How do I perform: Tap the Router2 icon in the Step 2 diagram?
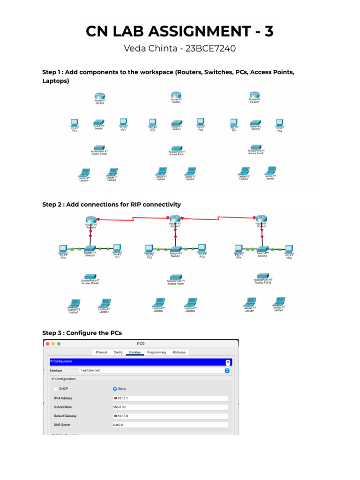pos(261,219)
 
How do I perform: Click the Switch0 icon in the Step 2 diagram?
pos(90,248)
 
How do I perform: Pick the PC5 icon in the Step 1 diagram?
pos(280,123)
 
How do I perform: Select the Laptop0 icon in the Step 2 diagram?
pos(74,304)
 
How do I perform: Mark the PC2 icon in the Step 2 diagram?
pos(149,248)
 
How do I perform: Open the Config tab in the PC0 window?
pos(118,352)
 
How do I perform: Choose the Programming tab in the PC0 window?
pos(156,352)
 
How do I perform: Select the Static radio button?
pos(115,389)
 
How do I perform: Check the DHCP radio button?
pos(57,389)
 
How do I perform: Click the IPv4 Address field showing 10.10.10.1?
pos(170,398)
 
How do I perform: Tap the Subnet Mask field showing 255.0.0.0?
pos(170,407)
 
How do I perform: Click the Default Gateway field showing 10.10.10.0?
pos(170,416)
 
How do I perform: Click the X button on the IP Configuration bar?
pos(228,362)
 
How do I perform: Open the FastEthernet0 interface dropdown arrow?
pos(227,370)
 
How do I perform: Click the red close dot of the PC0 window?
pos(47,344)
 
